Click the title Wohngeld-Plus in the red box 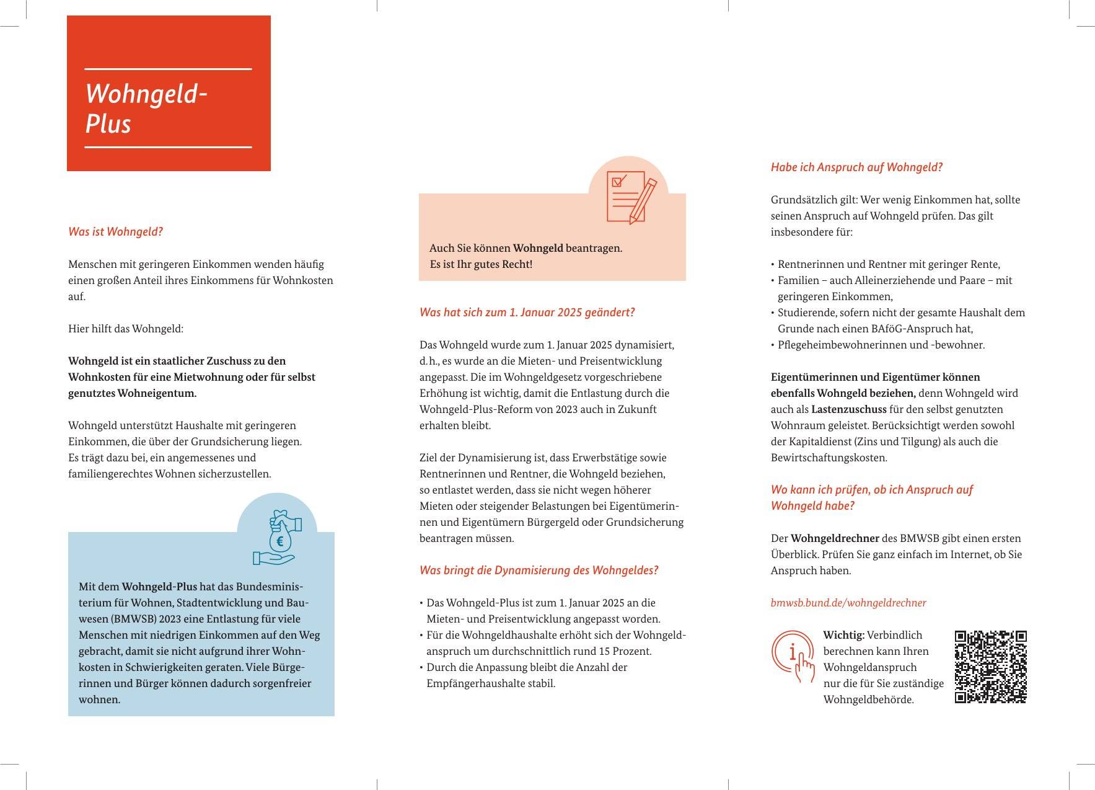coord(146,109)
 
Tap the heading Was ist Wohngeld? coord(115,232)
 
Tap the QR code coord(990,667)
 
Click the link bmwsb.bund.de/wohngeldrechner coord(848,603)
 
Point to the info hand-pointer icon coord(794,657)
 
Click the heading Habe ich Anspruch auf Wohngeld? coord(856,167)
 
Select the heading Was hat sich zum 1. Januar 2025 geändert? coord(527,313)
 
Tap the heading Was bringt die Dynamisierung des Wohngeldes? coord(539,570)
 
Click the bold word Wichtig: coord(843,635)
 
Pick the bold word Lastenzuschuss coord(848,409)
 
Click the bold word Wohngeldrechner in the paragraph coord(835,538)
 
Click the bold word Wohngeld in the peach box coord(538,248)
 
